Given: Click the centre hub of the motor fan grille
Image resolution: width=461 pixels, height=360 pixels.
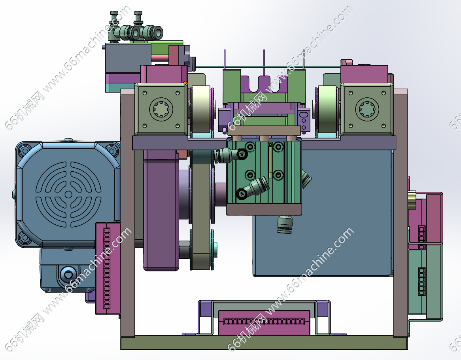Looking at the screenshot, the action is click(68, 194).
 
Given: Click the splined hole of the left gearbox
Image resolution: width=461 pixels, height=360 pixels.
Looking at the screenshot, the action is click(161, 110).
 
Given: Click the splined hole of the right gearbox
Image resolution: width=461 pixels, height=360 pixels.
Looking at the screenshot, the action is click(367, 110).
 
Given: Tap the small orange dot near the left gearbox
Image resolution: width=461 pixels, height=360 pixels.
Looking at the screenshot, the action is click(185, 83).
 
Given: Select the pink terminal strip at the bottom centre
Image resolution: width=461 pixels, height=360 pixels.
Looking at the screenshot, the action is click(264, 322).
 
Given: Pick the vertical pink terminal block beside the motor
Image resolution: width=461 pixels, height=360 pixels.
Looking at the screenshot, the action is click(108, 268).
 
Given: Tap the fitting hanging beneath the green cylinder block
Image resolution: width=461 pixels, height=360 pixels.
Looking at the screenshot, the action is click(285, 224).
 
